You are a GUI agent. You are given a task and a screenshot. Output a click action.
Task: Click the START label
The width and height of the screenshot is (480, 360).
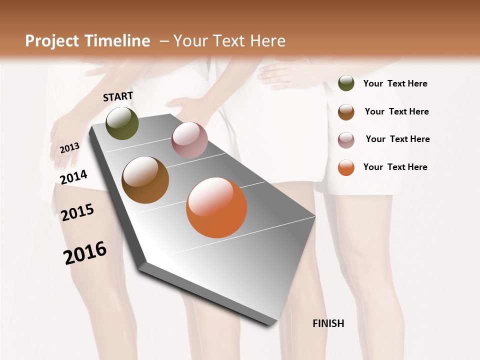pos(118,96)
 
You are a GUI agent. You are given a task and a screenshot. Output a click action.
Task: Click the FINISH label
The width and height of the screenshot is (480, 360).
pos(328,323)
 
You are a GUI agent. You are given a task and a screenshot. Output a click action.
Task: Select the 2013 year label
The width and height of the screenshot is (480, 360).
pos(69,148)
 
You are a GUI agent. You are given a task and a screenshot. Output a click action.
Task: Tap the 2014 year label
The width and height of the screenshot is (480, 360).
pos(74,177)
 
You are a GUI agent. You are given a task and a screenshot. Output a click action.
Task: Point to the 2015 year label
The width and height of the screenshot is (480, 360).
pos(77,212)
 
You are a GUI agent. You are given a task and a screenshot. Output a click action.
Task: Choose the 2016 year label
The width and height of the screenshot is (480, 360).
pos(85,252)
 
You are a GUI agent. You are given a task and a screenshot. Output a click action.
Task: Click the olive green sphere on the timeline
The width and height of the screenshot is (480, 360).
pos(122,123)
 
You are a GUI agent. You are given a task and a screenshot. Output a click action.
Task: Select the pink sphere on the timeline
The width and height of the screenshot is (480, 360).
pos(189,139)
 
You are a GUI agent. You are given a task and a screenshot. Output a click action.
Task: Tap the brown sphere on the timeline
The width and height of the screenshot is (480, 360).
pos(145,180)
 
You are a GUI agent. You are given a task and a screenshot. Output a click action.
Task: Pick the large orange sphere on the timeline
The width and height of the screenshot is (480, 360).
pos(216,207)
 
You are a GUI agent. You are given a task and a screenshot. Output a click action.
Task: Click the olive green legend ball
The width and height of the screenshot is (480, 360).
pos(346,83)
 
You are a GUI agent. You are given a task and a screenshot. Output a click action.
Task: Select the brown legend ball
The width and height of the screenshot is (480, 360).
pos(346,112)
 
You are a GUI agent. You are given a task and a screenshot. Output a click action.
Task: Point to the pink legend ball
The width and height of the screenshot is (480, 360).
pos(346,140)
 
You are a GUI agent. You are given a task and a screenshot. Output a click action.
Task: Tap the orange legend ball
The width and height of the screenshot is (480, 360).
pos(346,167)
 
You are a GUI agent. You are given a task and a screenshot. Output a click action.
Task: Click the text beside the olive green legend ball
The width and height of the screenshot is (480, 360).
pos(395,84)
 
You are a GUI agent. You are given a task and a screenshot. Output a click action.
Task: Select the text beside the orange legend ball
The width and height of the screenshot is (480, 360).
pos(395,167)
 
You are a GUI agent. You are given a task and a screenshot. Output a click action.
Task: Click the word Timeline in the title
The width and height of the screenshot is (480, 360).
pos(118,41)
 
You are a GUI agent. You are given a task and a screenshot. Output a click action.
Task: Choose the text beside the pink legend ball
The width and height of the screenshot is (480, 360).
pos(397,139)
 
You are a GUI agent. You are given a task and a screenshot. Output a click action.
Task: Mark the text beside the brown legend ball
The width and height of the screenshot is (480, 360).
pos(396,111)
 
